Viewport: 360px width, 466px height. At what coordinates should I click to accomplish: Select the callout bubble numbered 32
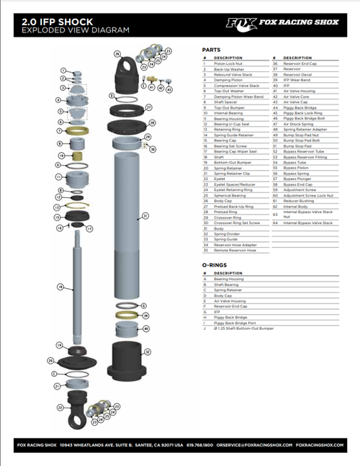coord(148,352)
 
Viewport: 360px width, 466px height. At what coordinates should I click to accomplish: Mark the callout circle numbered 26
coord(117,55)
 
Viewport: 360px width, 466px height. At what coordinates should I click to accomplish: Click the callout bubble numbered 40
coord(146,328)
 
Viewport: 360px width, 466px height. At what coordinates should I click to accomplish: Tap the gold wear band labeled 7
coord(74,131)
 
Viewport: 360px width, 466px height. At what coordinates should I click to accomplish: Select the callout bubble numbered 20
coord(50,360)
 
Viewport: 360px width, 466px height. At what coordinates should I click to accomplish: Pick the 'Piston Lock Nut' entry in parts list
coord(230,63)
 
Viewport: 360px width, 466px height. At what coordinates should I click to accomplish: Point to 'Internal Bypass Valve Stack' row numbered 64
coord(308,223)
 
